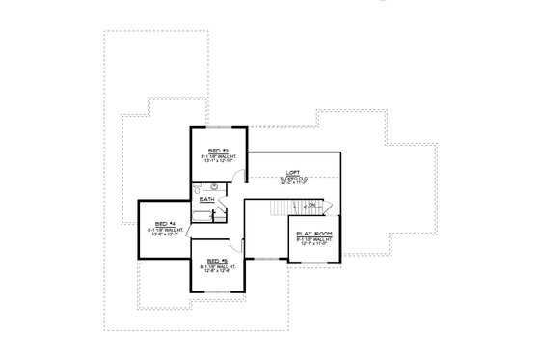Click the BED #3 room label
click(217, 151)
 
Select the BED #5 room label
click(216, 260)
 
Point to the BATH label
click(207, 199)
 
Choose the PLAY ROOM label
click(314, 233)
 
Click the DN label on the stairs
click(310, 205)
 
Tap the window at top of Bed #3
click(218, 125)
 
